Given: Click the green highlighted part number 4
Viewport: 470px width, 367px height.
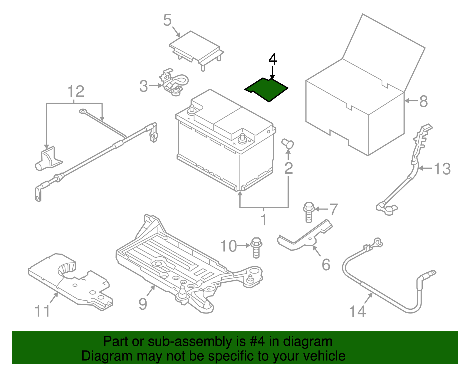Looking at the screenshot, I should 267,89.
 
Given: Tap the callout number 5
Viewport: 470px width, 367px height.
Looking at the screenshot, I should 167,20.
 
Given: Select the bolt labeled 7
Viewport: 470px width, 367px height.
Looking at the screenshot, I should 308,212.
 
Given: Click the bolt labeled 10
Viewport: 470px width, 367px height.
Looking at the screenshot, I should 256,248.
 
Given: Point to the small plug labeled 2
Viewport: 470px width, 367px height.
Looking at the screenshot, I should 288,144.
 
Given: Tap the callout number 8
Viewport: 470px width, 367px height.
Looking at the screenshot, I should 423,101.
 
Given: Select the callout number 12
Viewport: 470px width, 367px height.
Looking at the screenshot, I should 76,91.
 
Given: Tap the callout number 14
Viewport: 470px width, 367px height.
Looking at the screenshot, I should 357,311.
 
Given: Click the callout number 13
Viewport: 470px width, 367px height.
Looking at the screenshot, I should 442,169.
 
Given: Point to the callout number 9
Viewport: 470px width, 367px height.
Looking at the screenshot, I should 143,304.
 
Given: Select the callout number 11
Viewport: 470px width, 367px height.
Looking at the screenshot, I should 42,311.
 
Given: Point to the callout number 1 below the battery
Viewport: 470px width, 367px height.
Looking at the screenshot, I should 264,220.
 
